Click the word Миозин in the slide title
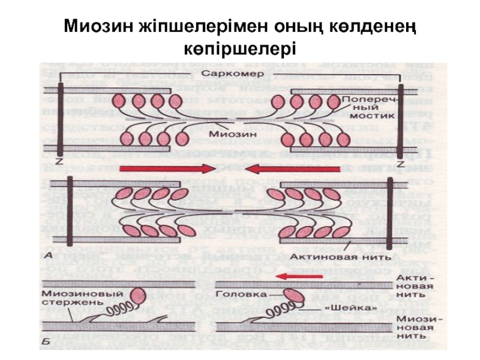pyautogui.click(x=100, y=26)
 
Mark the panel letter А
pyautogui.click(x=49, y=255)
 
